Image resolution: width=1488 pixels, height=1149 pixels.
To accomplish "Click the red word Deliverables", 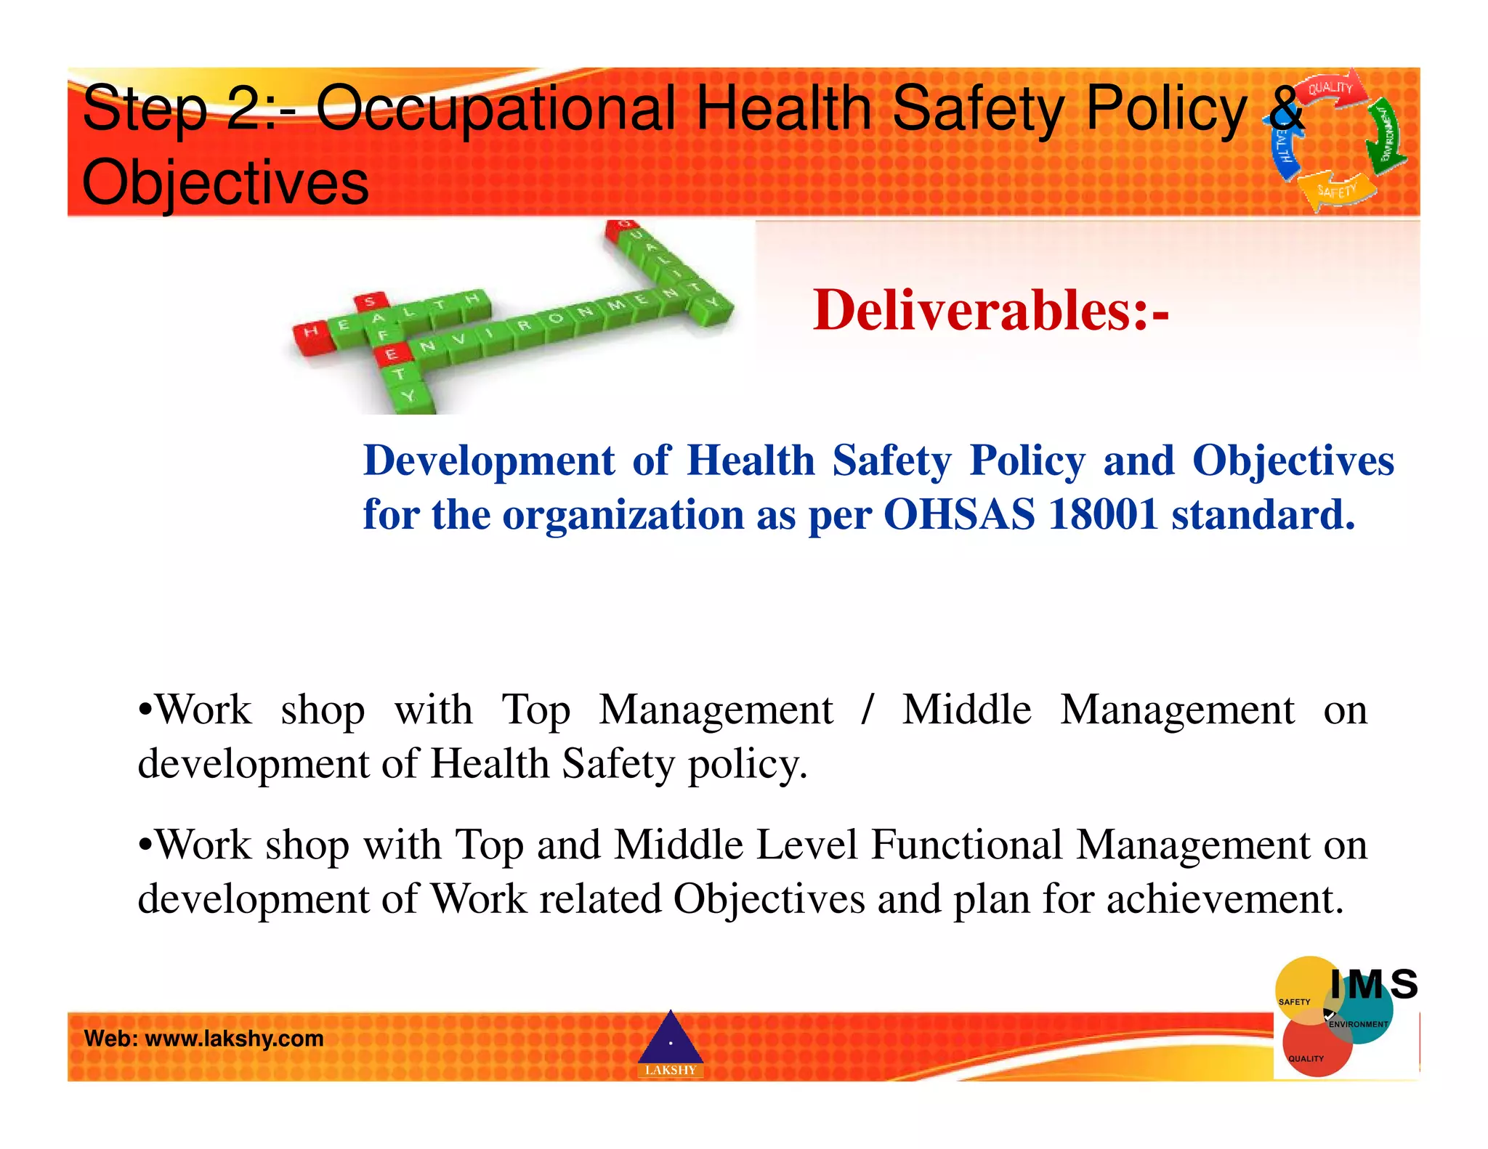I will click(x=990, y=311).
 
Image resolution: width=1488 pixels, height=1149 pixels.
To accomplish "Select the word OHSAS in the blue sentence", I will click(x=959, y=515).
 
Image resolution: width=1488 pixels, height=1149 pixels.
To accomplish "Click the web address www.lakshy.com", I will click(x=234, y=1039).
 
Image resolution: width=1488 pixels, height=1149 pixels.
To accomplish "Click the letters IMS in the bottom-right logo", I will click(x=1373, y=986).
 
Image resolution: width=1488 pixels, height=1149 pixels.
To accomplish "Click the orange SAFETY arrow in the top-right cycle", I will click(x=1337, y=192).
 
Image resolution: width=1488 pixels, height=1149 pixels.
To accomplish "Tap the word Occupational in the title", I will click(x=496, y=109).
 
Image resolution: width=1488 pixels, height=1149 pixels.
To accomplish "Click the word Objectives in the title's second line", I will click(x=225, y=182).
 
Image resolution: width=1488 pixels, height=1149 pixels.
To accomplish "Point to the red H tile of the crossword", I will click(x=311, y=334).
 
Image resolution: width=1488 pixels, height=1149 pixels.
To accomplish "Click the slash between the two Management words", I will click(x=866, y=710).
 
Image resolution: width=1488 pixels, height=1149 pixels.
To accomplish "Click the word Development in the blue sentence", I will click(x=489, y=460).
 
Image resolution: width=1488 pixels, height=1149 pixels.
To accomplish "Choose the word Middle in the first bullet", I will click(x=966, y=710).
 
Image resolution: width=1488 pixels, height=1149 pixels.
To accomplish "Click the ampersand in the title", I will click(x=1285, y=109).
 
